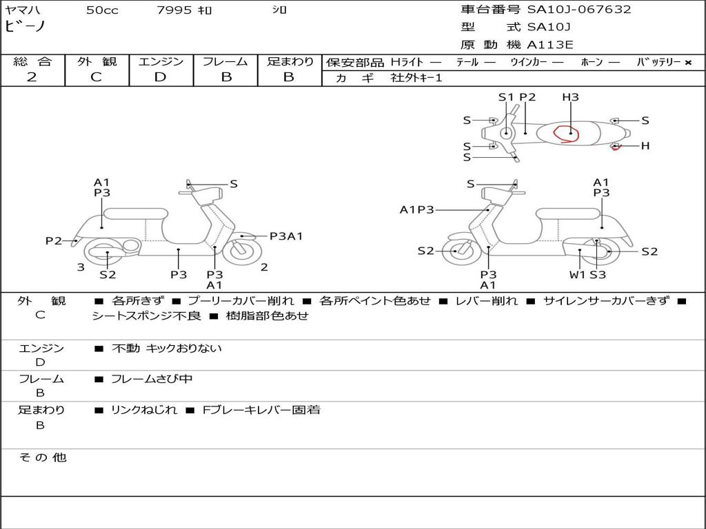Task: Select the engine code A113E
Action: pos(549,45)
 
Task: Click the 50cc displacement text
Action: pos(102,10)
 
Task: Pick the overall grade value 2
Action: pos(32,77)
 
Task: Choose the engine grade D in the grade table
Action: pos(160,77)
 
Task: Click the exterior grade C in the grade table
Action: pos(96,77)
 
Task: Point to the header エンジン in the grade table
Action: pos(161,62)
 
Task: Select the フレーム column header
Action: pos(225,62)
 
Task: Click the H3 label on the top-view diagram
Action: pos(570,97)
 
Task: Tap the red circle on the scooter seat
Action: pos(567,132)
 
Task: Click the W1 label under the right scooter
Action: pos(576,274)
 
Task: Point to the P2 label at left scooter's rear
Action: pos(54,240)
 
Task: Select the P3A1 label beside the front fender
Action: pos(286,236)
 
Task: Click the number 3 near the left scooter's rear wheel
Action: pos(81,267)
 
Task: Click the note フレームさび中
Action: pos(152,379)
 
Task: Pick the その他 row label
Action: pos(42,457)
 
